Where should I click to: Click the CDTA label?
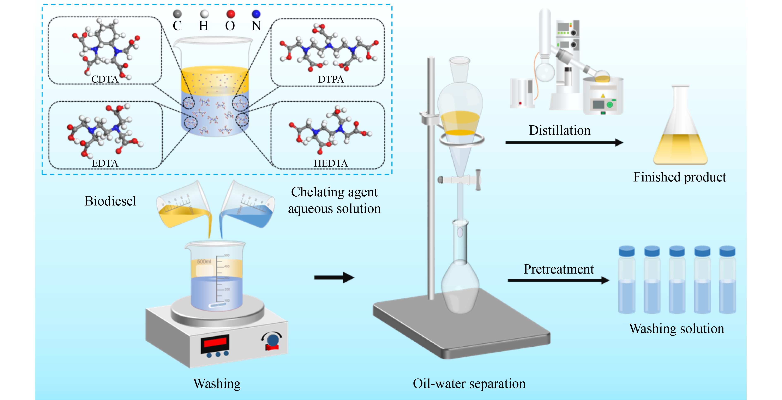[105, 79]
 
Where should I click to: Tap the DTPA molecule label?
[331, 79]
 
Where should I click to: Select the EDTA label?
[105, 163]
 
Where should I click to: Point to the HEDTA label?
[331, 163]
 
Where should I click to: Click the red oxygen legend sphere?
[231, 14]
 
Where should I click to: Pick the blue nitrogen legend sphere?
[256, 14]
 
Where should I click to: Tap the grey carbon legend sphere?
[177, 14]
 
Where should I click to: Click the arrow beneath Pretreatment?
[559, 280]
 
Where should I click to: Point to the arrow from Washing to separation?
[334, 277]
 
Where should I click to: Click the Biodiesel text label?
[110, 201]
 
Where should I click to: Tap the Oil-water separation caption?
[469, 384]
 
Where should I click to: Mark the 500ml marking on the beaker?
[204, 261]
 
